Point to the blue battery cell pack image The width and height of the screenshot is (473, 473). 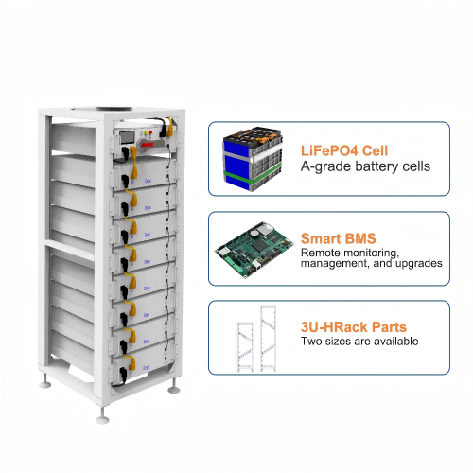coord(253,156)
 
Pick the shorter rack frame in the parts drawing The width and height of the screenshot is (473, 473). coord(244,343)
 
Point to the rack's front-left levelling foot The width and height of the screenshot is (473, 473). coord(101,415)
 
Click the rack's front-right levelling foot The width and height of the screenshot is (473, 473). coord(175,388)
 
